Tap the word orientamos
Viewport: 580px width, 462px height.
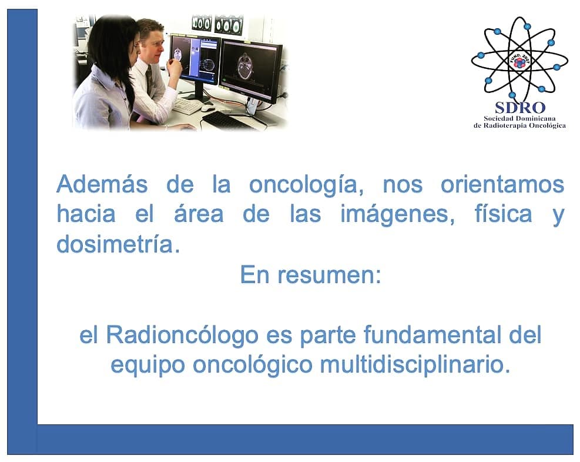502,185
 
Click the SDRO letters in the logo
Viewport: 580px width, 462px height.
519,107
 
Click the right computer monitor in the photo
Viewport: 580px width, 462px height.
251,68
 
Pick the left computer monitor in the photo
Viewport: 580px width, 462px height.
195,58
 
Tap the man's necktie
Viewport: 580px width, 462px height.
149,78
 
